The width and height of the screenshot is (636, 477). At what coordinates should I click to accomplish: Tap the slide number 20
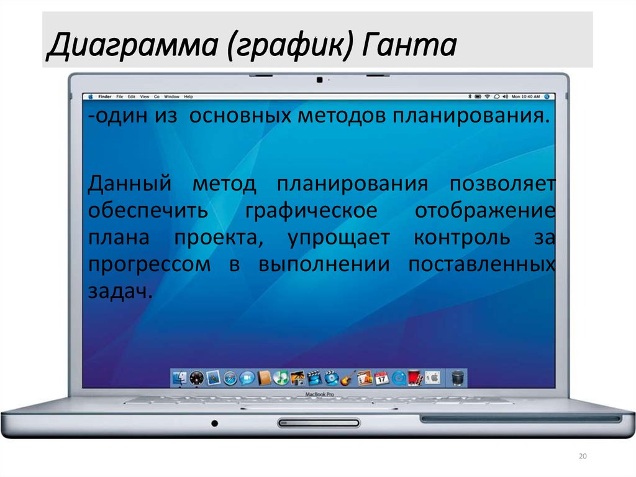582,457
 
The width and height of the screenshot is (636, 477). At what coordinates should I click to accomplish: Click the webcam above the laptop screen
319,80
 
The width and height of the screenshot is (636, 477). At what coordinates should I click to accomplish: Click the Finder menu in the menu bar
104,97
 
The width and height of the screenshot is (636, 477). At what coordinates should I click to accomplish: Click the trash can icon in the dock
458,377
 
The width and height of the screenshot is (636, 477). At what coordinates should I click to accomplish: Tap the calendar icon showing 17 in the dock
381,377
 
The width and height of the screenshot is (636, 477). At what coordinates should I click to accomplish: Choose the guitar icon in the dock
347,377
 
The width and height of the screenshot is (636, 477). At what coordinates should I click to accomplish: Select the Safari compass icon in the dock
230,377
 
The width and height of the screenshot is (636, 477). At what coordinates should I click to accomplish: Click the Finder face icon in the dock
179,377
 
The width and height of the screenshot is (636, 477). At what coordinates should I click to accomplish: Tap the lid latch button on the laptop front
319,423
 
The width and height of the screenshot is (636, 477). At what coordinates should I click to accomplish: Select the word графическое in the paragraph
311,210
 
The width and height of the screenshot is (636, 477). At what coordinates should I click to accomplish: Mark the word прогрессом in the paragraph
149,264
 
